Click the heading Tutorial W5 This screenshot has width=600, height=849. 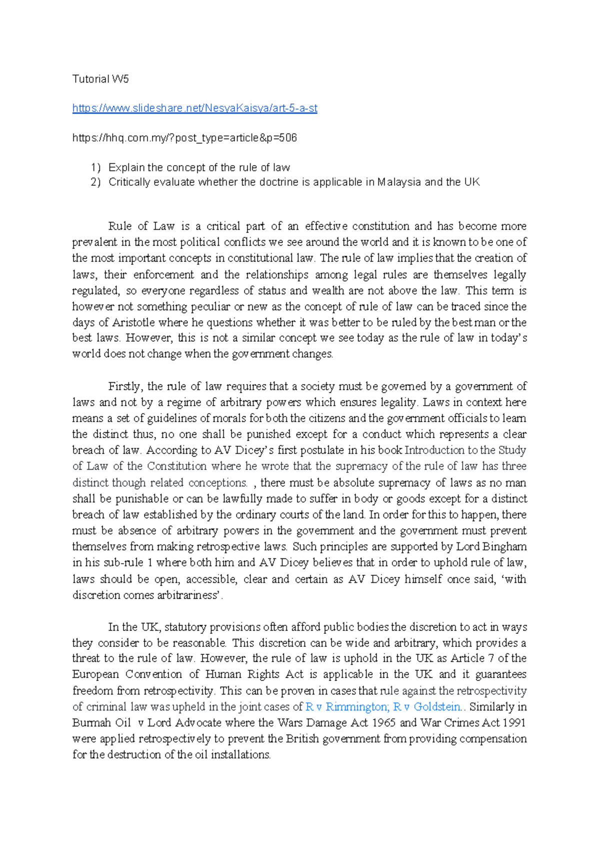click(100, 79)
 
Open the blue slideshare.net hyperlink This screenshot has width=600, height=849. click(194, 108)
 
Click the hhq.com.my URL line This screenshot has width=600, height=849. click(184, 138)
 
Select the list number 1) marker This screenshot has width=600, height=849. click(95, 168)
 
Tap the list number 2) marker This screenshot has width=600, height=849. click(95, 182)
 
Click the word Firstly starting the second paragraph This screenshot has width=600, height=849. click(125, 386)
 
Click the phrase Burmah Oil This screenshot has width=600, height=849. click(101, 723)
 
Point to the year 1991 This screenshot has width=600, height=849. click(514, 723)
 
